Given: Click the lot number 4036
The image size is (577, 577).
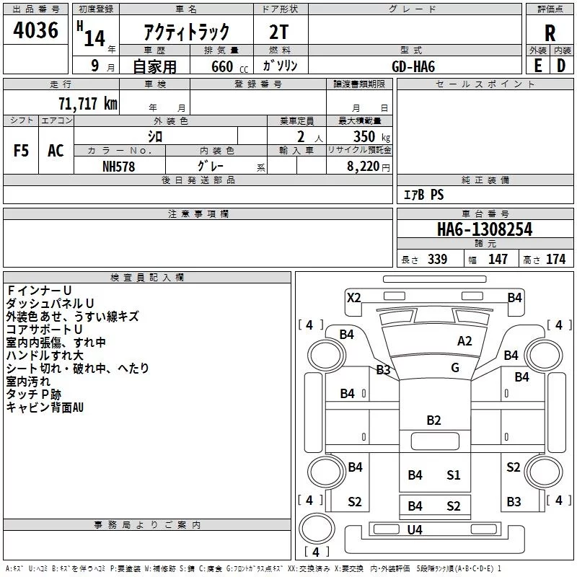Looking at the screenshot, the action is [35, 30].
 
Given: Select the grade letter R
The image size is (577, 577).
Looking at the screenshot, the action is [550, 33].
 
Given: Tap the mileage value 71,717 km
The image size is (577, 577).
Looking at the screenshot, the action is [87, 103].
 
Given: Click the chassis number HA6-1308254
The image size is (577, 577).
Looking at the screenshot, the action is [485, 229].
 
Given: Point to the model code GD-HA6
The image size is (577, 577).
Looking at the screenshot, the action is [413, 66].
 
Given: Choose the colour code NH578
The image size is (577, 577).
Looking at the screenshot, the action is [118, 167].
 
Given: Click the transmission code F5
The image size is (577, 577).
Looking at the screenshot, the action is [21, 151].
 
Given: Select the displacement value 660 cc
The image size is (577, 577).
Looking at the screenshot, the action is [229, 66].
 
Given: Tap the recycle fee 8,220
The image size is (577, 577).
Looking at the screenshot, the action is [363, 166].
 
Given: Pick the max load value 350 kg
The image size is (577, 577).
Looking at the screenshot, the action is [371, 136].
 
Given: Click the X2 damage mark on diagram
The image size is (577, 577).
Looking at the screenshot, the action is [353, 297].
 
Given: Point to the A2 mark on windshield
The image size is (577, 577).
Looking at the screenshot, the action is [464, 340].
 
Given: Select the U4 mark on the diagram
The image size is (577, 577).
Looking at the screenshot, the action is [415, 529].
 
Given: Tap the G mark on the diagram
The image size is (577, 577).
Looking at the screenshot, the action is [455, 367].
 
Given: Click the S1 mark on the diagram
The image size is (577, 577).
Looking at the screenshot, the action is [454, 475].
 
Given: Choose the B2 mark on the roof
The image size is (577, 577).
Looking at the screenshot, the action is [433, 420].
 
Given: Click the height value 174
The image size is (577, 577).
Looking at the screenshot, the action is [555, 259].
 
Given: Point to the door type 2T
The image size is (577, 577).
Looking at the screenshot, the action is [278, 32].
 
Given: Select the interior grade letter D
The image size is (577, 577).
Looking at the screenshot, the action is [561, 66].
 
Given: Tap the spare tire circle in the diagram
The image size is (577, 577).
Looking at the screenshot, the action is [317, 529].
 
